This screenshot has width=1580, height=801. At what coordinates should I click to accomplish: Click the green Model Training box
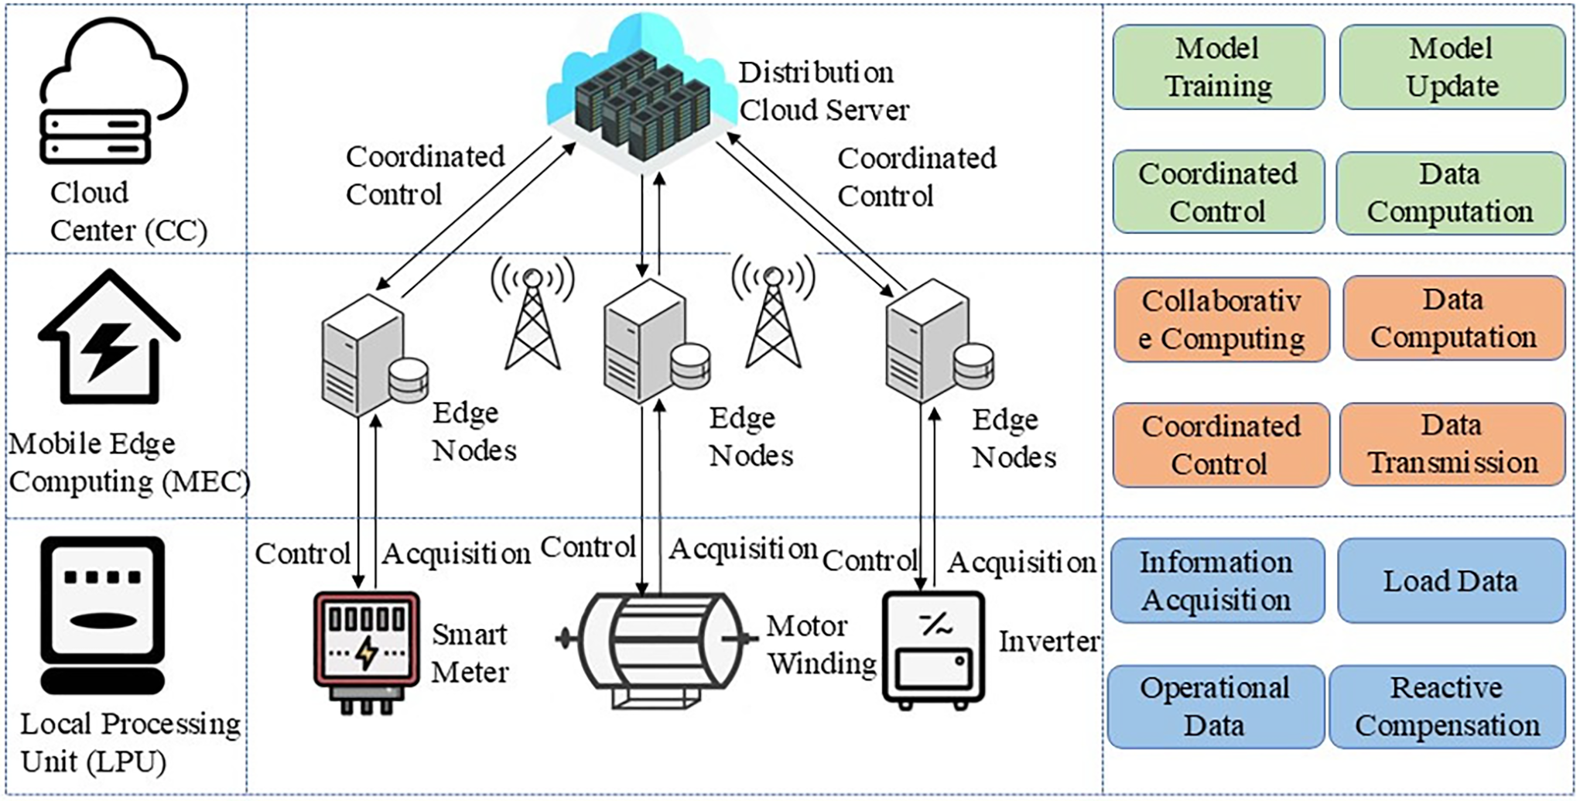click(x=1218, y=67)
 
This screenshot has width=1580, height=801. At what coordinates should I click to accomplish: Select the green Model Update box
click(x=1452, y=67)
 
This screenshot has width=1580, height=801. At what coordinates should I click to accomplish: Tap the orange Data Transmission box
click(x=1452, y=444)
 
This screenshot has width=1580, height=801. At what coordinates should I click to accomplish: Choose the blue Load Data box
click(x=1450, y=581)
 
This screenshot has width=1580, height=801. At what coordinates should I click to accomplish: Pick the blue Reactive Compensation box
click(x=1447, y=707)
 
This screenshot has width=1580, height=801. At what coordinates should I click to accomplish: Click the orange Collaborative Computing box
click(x=1221, y=320)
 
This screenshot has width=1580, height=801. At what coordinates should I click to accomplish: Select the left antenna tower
click(x=532, y=317)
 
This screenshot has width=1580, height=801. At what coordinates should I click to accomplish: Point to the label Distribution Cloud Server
click(x=822, y=91)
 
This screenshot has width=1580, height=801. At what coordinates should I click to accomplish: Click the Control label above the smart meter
click(x=303, y=553)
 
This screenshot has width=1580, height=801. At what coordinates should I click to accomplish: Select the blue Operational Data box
click(x=1214, y=707)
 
